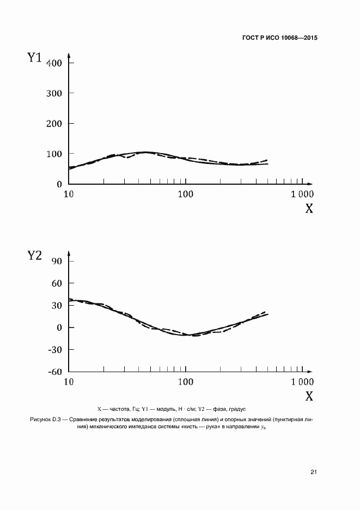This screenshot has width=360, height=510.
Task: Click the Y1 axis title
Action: [35, 57]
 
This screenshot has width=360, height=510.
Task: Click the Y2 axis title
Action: [35, 256]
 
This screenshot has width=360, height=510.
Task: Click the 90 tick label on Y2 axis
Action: [56, 261]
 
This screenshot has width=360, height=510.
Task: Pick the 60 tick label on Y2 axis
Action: [56, 283]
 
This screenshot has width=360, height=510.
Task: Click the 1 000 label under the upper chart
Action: [302, 194]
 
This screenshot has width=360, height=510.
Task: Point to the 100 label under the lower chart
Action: [186, 381]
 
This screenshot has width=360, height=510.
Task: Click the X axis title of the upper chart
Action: [309, 209]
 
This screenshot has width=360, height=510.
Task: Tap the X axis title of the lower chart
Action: [309, 396]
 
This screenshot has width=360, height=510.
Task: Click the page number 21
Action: [314, 472]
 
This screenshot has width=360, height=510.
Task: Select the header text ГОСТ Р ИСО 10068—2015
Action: [279, 38]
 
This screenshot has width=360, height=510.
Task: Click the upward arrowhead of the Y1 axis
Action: [69, 55]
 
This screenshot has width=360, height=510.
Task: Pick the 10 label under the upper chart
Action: [69, 194]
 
